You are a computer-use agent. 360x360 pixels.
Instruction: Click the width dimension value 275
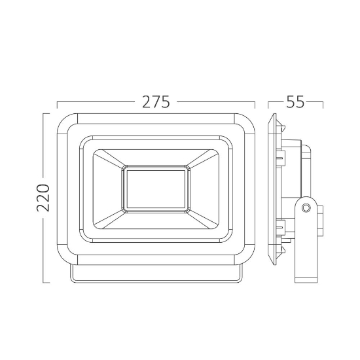click(156, 102)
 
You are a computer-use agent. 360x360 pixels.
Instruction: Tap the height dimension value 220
click(44, 198)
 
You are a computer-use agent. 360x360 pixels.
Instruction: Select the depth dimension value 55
click(296, 102)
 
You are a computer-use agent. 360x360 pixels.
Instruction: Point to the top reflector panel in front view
click(156, 156)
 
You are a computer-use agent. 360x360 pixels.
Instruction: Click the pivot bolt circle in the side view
click(305, 208)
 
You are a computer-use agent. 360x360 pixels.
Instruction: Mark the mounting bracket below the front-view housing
click(156, 276)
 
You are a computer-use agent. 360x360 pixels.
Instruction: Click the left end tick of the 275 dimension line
click(57, 103)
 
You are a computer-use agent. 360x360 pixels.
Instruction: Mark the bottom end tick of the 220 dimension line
click(44, 282)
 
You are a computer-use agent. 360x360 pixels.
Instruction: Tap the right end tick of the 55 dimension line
click(323, 103)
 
